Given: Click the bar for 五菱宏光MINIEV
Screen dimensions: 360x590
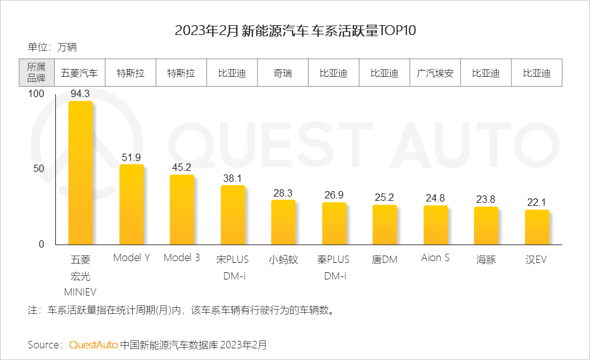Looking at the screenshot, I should pos(80,173).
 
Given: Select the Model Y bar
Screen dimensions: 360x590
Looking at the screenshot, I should pos(131,205).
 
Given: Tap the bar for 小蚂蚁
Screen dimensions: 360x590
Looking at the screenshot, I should pos(283,222).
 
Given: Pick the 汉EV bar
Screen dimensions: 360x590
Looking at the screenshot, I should pos(537,227).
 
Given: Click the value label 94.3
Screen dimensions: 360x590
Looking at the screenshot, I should pos(80,94).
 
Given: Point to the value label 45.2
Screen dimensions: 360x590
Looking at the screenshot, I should pos(181,167).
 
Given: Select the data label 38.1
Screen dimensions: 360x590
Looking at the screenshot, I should pos(232,178).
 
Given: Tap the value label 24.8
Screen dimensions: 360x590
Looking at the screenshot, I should pos(435,198).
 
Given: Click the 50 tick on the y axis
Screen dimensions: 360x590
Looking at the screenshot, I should pos(37,169).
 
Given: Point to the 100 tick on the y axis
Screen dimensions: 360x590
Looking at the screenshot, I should pos(36,93).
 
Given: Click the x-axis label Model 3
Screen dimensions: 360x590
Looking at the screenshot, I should pos(181,258).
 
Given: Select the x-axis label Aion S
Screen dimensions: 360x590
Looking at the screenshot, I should pos(435,258).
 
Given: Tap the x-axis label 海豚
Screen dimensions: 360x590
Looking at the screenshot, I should pos(486,259).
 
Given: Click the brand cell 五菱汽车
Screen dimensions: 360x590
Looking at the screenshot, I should pos(79,73).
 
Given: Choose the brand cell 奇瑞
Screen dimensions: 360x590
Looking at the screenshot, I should pos(283,73).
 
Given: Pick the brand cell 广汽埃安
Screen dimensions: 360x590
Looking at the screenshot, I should pos(435,73).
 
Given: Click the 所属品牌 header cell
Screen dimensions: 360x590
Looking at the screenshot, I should pos(36,73).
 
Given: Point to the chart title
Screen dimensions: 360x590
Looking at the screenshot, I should pos(295,30).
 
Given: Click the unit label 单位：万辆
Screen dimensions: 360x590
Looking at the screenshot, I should pos(52,47).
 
